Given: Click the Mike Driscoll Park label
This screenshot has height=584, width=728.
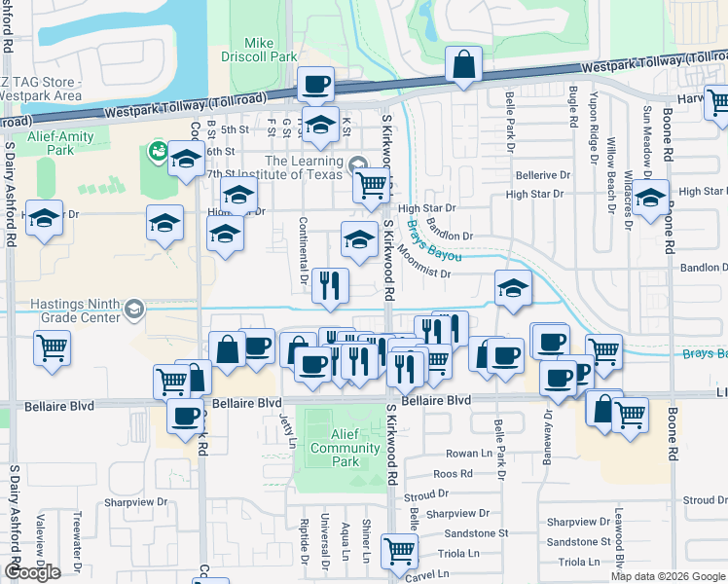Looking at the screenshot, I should click(258, 50).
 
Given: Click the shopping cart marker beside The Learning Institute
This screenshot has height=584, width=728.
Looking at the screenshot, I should click(371, 184).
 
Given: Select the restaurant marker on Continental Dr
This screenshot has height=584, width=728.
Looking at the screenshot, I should click(331, 284).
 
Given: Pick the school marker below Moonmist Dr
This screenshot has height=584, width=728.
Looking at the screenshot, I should click(513, 287).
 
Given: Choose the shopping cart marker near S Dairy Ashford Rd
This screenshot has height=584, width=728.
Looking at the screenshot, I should click(53, 347).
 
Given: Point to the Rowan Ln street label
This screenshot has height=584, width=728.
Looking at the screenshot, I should click(470, 454).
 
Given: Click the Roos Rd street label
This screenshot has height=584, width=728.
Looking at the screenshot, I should click(453, 474).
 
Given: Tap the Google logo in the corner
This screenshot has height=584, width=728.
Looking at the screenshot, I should click(32, 571).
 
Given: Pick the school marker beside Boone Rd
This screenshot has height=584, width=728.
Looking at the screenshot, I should click(652, 199).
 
